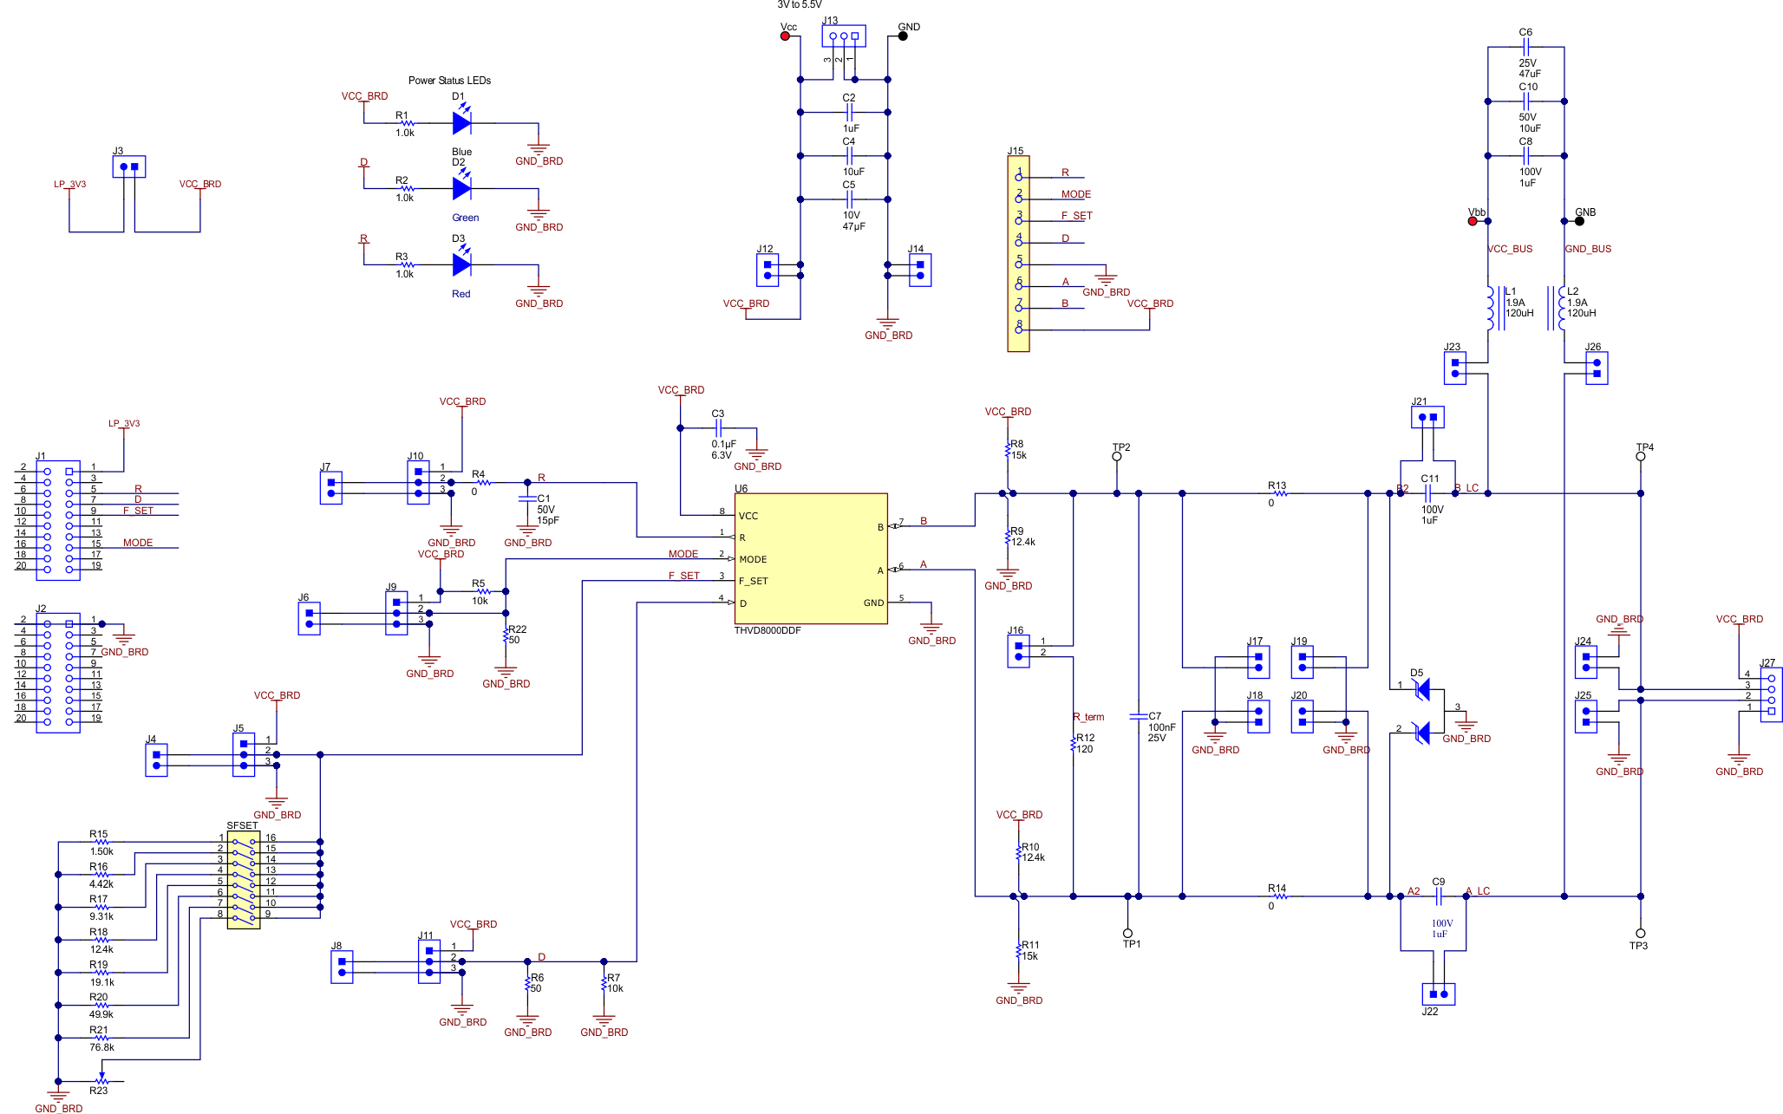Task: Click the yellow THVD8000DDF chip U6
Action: (810, 557)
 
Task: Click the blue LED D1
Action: (462, 123)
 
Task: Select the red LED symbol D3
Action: (462, 264)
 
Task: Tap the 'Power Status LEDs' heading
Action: (449, 81)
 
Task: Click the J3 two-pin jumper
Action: (129, 166)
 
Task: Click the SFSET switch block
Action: (244, 880)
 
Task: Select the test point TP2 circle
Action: (1117, 457)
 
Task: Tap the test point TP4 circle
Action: (1640, 457)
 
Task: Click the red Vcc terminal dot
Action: (786, 36)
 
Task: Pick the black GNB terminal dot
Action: (1579, 221)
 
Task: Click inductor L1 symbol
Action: (1492, 309)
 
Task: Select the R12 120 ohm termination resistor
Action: (1074, 743)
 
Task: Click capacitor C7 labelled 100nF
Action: (1139, 717)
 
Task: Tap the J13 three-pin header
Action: (844, 36)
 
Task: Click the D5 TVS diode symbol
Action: (1422, 711)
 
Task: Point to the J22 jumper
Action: (1439, 993)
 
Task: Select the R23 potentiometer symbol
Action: (102, 1080)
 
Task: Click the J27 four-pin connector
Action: (1771, 694)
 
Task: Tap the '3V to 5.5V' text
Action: (799, 5)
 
